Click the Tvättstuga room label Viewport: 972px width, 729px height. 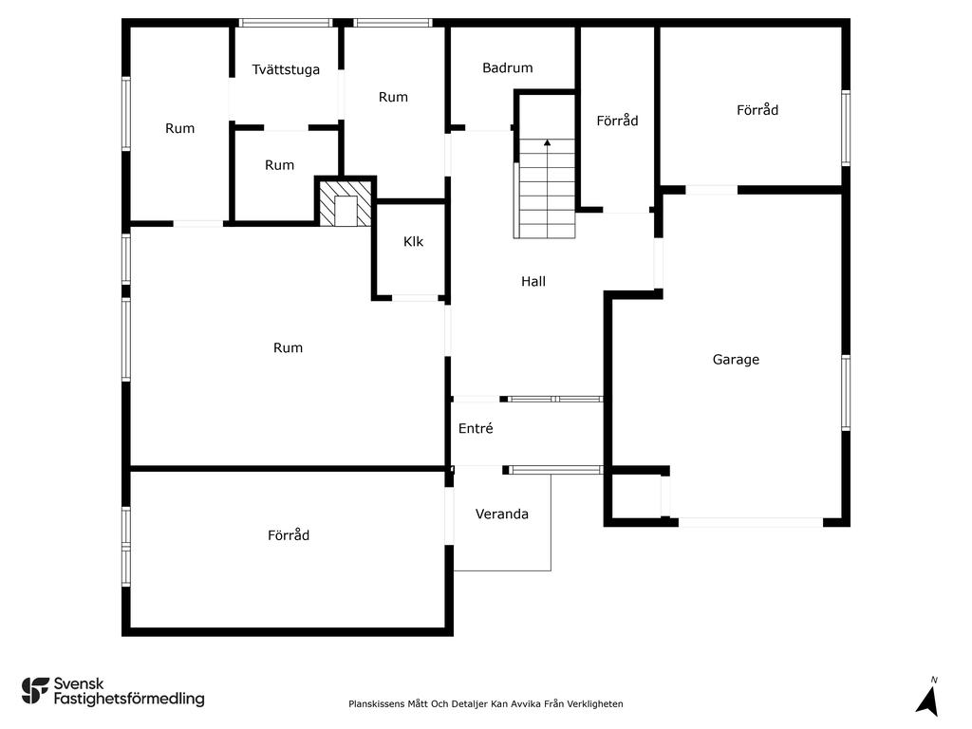pyautogui.click(x=286, y=69)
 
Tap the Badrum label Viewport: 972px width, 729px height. pyautogui.click(x=508, y=67)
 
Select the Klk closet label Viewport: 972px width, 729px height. pyautogui.click(x=413, y=241)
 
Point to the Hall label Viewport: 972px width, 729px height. pyautogui.click(x=533, y=281)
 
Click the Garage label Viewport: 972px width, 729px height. pyautogui.click(x=736, y=360)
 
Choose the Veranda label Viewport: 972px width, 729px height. pyautogui.click(x=501, y=514)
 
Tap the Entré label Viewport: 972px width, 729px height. pyautogui.click(x=476, y=428)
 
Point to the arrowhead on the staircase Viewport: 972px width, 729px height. pyautogui.click(x=548, y=142)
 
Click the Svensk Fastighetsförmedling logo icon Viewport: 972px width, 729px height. pyautogui.click(x=35, y=691)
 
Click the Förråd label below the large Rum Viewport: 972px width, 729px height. pyautogui.click(x=289, y=535)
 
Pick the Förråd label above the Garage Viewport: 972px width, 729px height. pyautogui.click(x=757, y=110)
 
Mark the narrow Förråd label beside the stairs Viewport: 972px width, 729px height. pyautogui.click(x=617, y=121)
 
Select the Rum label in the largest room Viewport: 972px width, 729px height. pyautogui.click(x=288, y=347)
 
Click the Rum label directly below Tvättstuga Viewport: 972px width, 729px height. pyautogui.click(x=279, y=165)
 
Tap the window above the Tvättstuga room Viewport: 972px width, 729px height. pyautogui.click(x=286, y=23)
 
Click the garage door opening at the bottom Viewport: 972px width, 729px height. pyautogui.click(x=751, y=523)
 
